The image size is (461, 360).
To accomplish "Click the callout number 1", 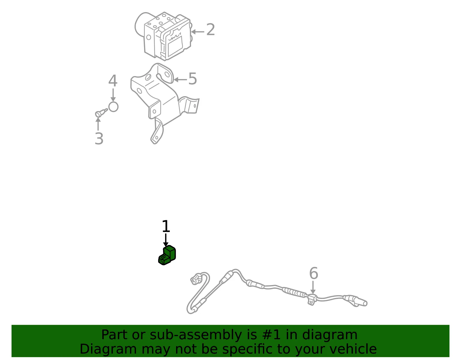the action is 166,226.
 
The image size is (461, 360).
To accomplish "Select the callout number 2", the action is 210,29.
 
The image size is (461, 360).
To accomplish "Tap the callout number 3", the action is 99,139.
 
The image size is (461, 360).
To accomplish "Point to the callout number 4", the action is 113,81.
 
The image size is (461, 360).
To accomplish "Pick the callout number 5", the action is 193,79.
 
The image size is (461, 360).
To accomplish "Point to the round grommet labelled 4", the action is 113,107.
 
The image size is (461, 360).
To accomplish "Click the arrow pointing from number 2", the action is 198,32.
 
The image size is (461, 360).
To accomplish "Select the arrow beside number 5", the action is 180,80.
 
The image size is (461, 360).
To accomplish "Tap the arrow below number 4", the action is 113,95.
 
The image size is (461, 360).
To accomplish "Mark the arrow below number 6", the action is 313,288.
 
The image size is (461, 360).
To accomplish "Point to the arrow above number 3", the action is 98,124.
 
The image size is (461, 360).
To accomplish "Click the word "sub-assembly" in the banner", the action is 196,335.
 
